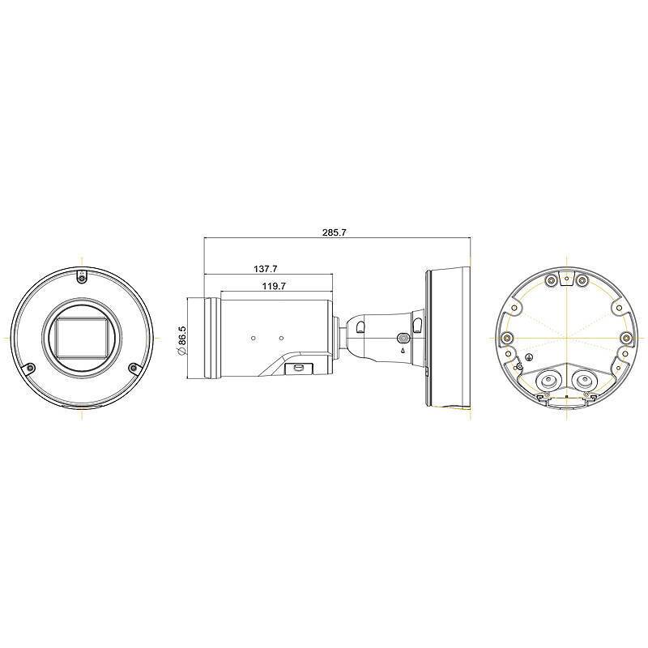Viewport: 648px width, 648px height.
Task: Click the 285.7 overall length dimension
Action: [334, 232]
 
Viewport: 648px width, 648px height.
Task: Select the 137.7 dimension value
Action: [265, 268]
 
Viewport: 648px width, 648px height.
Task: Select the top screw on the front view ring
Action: [81, 276]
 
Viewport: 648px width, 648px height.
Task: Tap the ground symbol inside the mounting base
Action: [529, 356]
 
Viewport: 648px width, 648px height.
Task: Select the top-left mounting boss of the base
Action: [550, 281]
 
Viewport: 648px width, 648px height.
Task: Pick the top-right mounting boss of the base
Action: [582, 281]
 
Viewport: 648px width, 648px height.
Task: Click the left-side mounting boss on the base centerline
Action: [506, 338]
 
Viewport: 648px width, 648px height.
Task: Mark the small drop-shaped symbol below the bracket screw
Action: [403, 352]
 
